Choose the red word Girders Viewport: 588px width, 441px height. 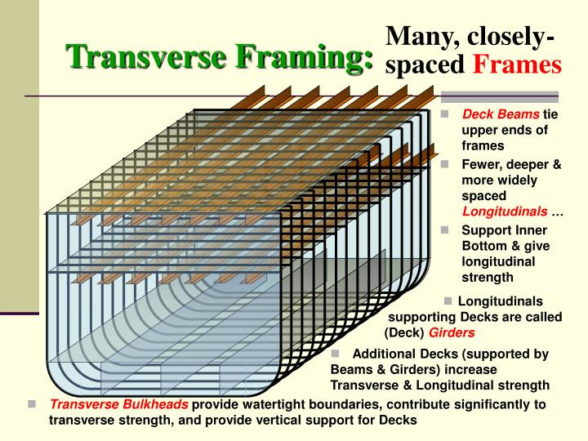point(452,332)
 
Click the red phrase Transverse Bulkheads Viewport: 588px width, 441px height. point(119,404)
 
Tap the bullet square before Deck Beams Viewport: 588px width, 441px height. point(447,114)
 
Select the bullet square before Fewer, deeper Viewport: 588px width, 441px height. point(447,163)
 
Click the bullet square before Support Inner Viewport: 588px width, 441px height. point(447,229)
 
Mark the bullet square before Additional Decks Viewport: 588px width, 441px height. point(335,354)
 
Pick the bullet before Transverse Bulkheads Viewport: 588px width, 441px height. point(32,404)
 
